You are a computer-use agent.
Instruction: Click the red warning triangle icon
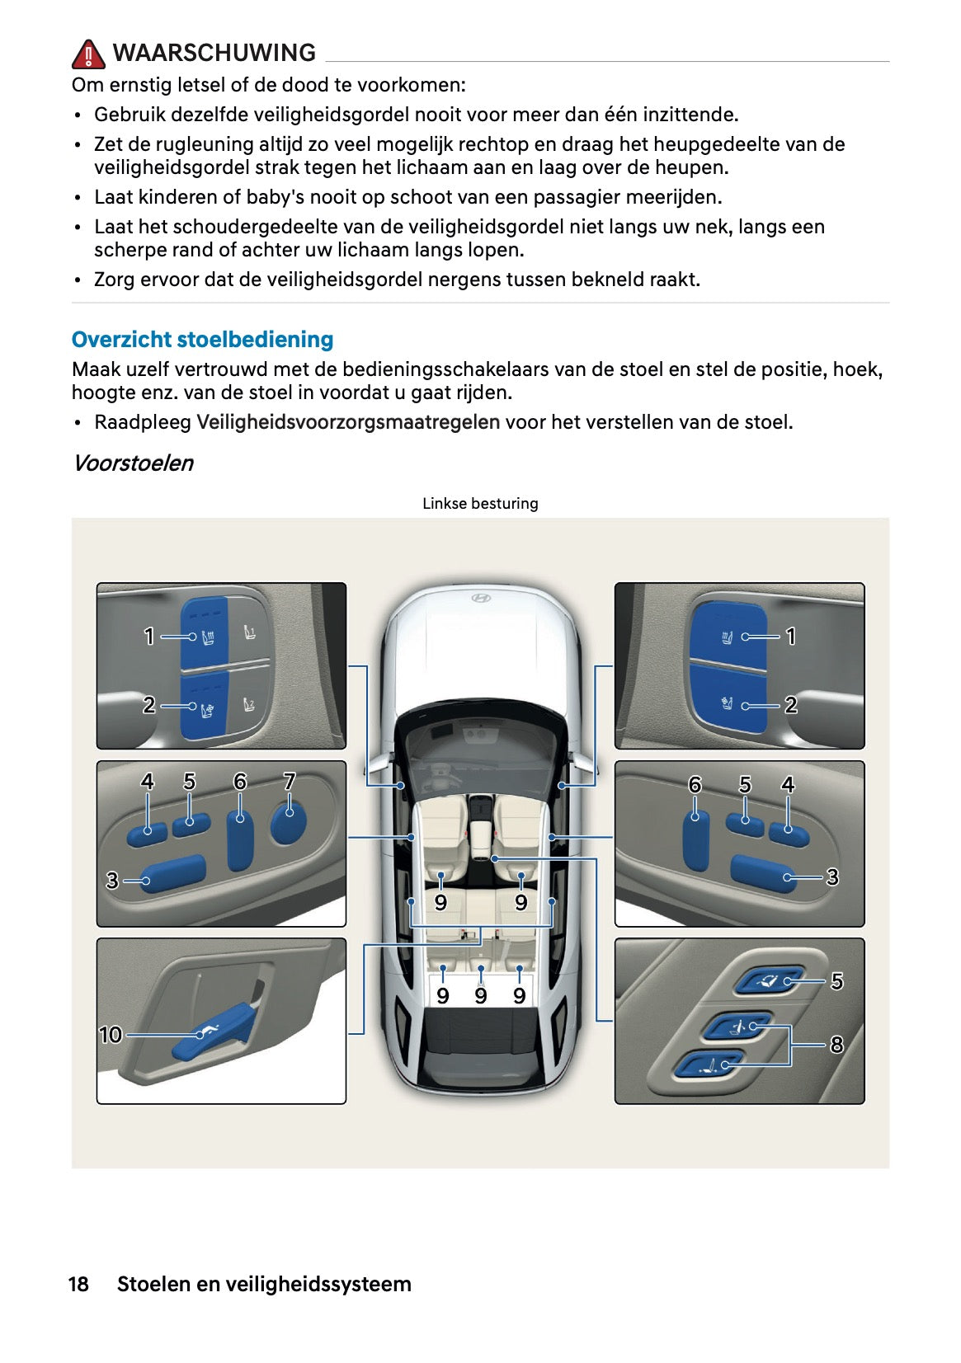click(x=88, y=54)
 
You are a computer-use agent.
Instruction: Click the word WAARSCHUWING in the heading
click(x=214, y=53)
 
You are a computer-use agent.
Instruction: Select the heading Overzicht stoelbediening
click(x=202, y=340)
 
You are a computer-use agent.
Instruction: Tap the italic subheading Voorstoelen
click(x=133, y=463)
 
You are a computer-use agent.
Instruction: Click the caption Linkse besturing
click(x=480, y=504)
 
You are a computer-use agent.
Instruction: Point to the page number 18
click(x=78, y=1284)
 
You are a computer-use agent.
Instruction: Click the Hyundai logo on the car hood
click(x=480, y=598)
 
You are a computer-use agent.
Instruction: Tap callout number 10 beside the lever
click(x=111, y=1035)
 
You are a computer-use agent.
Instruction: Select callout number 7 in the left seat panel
click(x=290, y=781)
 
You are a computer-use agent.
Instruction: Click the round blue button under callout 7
click(x=289, y=823)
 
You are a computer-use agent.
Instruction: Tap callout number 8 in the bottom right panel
click(x=836, y=1045)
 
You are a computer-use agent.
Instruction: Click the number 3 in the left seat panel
click(x=112, y=881)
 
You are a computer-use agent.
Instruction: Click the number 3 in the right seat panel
click(x=832, y=877)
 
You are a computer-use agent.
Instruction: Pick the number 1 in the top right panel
click(x=790, y=637)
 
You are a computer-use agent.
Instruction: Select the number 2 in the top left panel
click(x=148, y=705)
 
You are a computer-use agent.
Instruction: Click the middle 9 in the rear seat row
click(x=481, y=996)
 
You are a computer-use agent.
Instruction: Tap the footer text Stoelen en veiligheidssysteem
click(x=264, y=1284)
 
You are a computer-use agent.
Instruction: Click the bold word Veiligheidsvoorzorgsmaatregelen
click(x=348, y=422)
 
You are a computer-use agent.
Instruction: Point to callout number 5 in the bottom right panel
click(x=836, y=981)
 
